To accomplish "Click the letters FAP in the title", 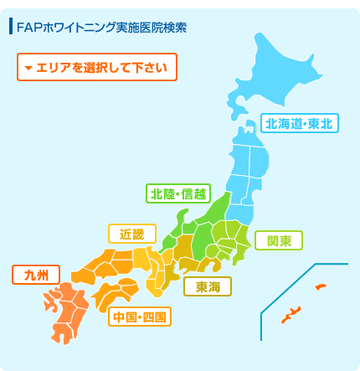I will (28, 28).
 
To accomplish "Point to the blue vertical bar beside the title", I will (10, 27).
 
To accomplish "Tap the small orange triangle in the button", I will (28, 68).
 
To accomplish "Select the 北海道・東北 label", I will (298, 123).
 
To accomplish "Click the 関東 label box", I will (279, 241).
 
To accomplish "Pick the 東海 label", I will (208, 287).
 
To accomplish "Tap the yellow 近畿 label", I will (131, 234).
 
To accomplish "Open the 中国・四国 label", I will (140, 316).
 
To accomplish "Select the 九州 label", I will (37, 275).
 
